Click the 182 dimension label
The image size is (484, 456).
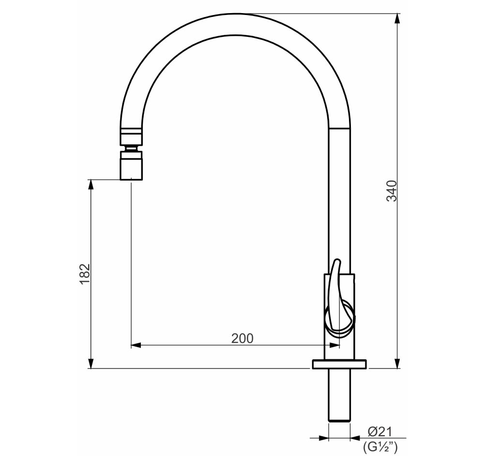coord(85,274)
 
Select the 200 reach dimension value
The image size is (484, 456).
coord(242,338)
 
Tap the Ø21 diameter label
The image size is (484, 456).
coord(379,432)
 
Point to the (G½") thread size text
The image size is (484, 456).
coord(380,447)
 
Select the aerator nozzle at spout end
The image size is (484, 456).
coord(131,166)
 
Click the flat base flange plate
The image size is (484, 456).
coord(339,364)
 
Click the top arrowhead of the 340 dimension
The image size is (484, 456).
coord(397,18)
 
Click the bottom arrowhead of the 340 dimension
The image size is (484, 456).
coord(397,363)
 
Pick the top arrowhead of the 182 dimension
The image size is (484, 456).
coord(91,185)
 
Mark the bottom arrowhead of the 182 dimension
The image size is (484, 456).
coord(91,363)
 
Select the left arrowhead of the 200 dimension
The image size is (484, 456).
coord(136,345)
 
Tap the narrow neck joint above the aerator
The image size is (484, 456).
coord(131,148)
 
